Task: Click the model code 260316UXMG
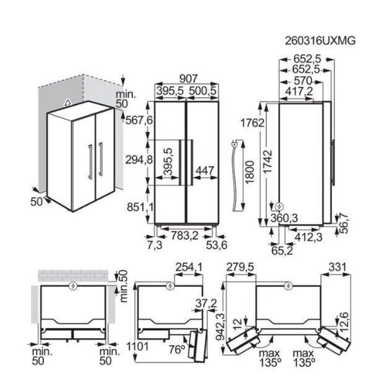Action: click(x=320, y=41)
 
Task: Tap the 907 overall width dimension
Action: click(x=188, y=79)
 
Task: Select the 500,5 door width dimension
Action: click(x=202, y=91)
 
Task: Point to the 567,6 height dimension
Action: click(x=139, y=121)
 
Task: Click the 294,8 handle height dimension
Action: click(x=139, y=160)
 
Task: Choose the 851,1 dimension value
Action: click(x=140, y=207)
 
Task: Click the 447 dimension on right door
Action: click(x=204, y=170)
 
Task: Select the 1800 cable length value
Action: click(x=250, y=172)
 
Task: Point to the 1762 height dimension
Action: click(x=252, y=123)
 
